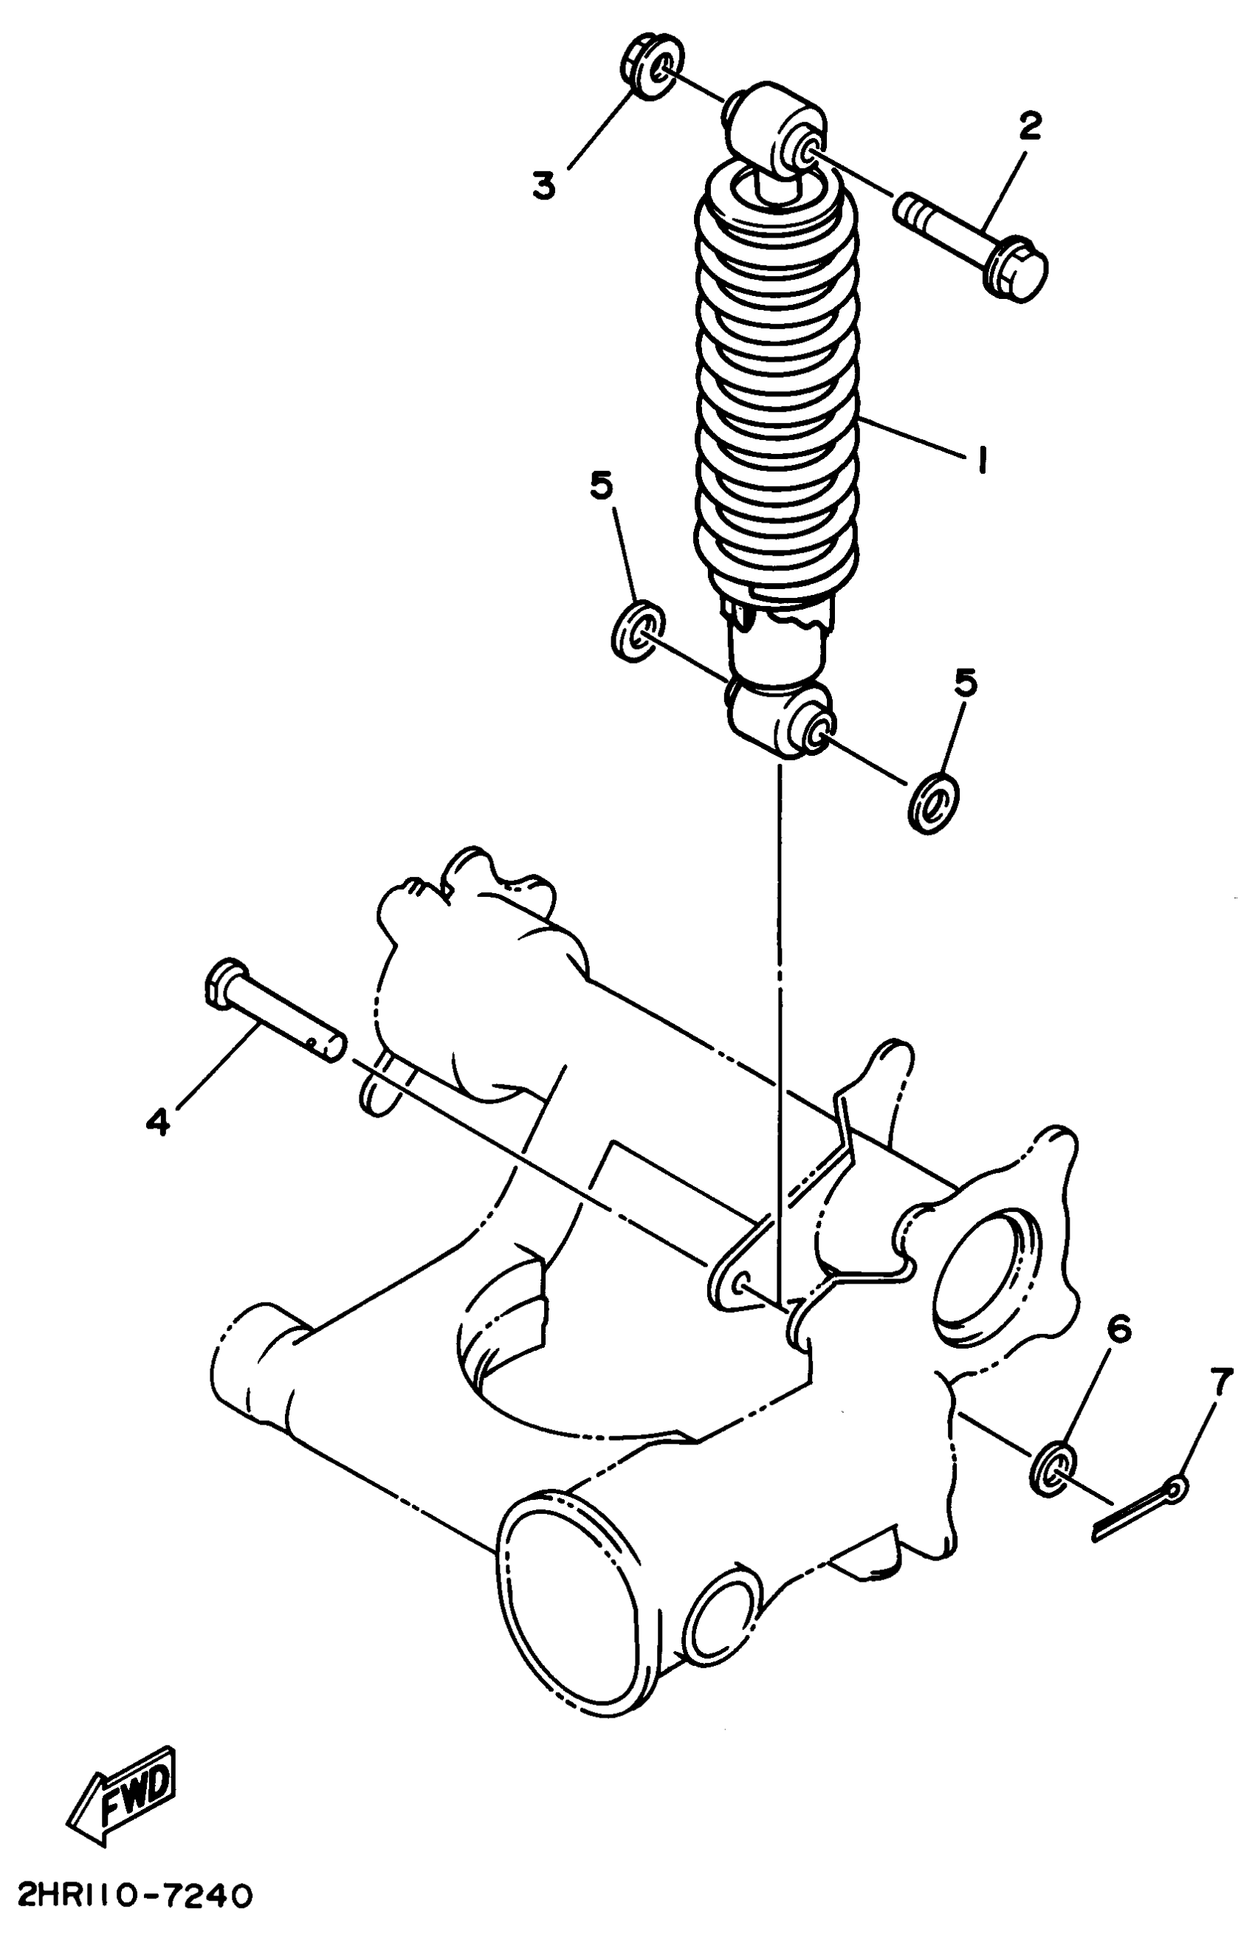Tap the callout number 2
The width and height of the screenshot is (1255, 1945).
[1029, 126]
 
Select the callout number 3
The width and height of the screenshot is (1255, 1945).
[543, 185]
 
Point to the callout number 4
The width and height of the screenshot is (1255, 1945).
[158, 1123]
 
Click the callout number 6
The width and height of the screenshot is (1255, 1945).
[1118, 1331]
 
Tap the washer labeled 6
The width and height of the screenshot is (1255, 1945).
[1053, 1467]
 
